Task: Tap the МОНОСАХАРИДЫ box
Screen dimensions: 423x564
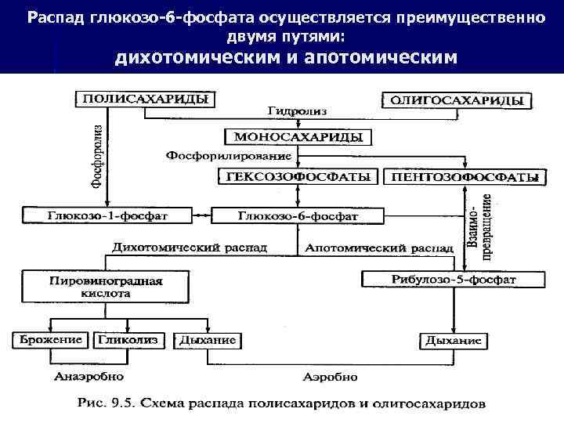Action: pyautogui.click(x=298, y=136)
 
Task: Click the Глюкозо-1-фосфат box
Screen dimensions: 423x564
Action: pyautogui.click(x=107, y=214)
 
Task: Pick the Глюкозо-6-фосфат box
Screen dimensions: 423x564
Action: pyautogui.click(x=298, y=214)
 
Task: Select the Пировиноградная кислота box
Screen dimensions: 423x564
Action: pyautogui.click(x=107, y=285)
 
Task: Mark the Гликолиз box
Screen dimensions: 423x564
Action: pyautogui.click(x=128, y=340)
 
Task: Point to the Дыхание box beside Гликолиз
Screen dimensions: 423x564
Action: pyautogui.click(x=208, y=340)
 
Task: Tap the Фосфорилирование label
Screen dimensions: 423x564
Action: pyautogui.click(x=216, y=156)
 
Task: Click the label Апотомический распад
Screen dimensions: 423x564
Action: pyautogui.click(x=378, y=247)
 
